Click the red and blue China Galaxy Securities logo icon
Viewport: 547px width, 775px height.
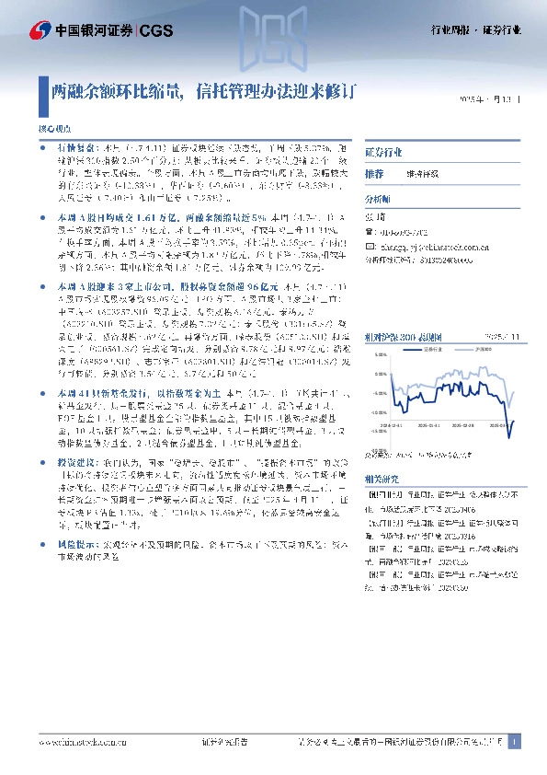point(40,31)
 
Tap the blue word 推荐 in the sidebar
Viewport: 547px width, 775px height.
point(373,173)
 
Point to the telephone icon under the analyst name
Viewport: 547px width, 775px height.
point(370,234)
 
